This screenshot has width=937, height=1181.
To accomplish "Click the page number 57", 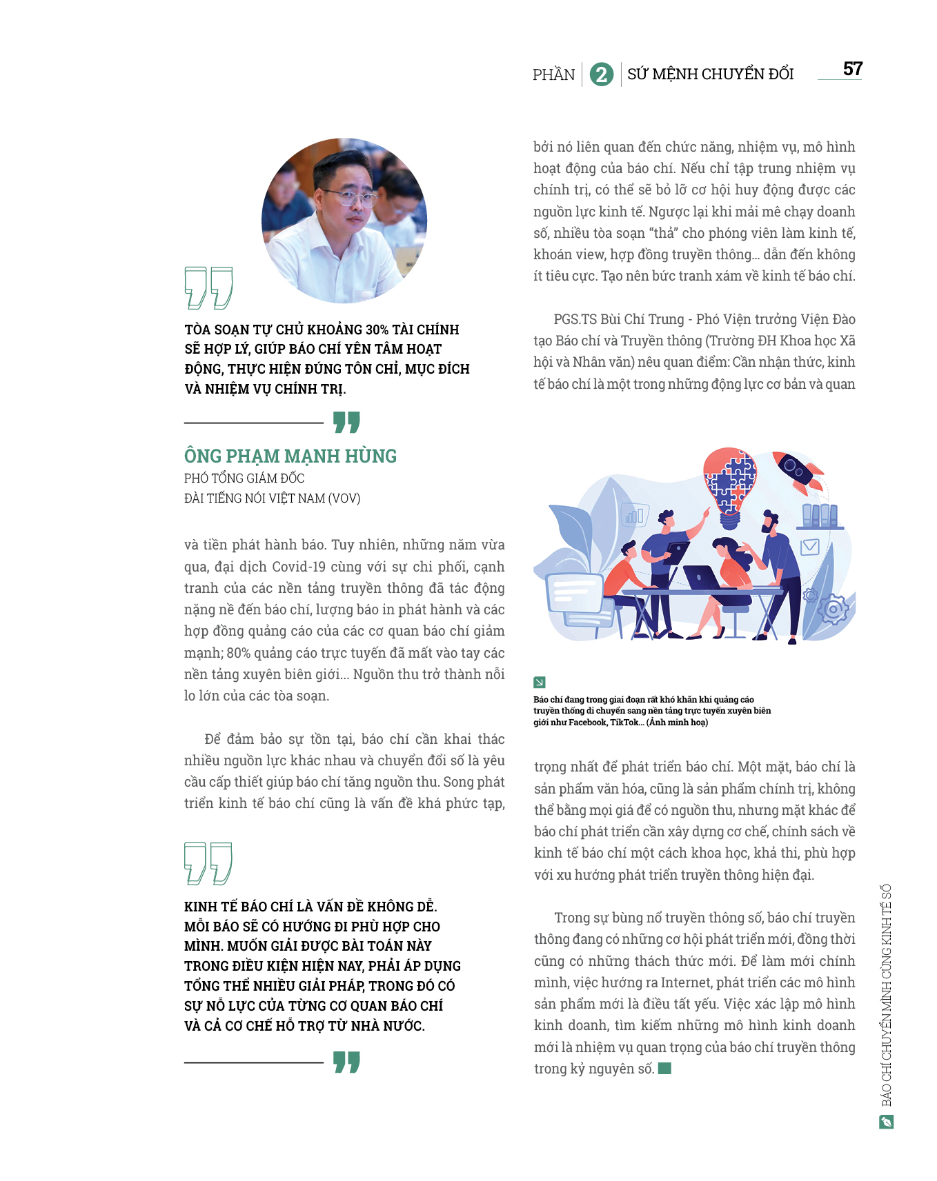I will (x=853, y=69).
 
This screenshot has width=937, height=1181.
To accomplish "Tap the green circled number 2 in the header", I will (x=602, y=74).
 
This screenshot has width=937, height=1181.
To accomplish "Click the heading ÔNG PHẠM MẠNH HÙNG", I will (x=290, y=456).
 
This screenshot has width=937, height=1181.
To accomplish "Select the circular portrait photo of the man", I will (x=344, y=221).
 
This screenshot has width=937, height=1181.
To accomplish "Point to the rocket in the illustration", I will (x=798, y=472).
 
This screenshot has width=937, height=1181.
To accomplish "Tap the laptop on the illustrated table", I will (x=702, y=578).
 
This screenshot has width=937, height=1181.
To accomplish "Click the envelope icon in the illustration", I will (x=809, y=547).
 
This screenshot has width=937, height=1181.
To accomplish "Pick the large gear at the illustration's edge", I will (x=834, y=609).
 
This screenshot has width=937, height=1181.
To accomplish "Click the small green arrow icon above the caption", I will (x=540, y=683).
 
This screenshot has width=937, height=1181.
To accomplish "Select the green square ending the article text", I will (x=665, y=1069).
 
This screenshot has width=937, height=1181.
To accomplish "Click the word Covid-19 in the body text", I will (x=299, y=567).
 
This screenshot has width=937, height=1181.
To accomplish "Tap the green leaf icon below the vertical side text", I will (x=887, y=1122).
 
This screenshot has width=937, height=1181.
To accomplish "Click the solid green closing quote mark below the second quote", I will (x=346, y=1062).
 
